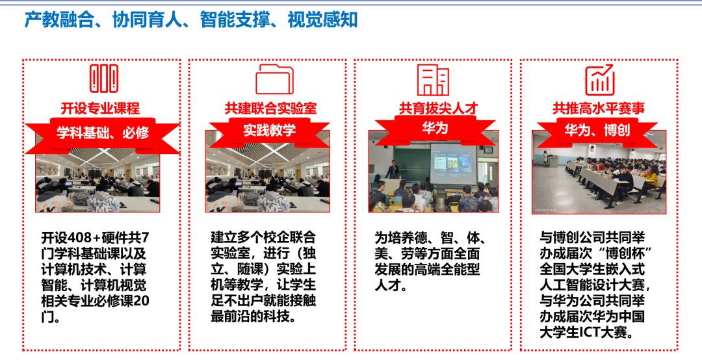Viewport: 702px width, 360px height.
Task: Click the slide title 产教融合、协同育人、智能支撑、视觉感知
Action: [191, 19]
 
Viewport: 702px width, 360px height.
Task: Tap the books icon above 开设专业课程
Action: [104, 79]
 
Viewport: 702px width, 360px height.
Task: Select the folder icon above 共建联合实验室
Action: [274, 79]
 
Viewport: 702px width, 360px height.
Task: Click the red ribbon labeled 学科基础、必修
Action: [103, 133]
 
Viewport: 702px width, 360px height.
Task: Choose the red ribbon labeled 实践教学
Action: [270, 130]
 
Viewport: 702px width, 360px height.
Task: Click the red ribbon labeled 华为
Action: [434, 129]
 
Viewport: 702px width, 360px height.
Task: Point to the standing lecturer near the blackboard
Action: [392, 171]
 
